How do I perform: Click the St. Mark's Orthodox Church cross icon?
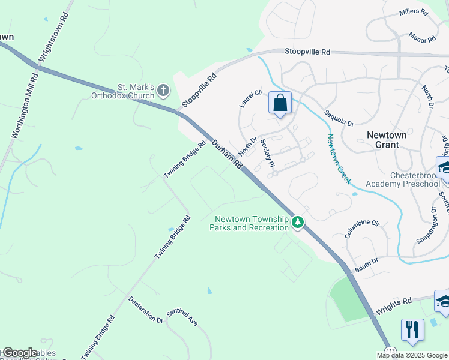163,92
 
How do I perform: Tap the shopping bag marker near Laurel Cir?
280,103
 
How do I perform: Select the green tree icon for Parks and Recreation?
297,223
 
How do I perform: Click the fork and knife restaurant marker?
412,330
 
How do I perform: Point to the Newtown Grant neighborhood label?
382,139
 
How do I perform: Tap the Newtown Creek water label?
339,158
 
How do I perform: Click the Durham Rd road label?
226,154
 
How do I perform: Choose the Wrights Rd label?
394,307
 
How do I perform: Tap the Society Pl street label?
267,156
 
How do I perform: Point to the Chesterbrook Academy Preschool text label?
399,179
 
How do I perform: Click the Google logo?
20,353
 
